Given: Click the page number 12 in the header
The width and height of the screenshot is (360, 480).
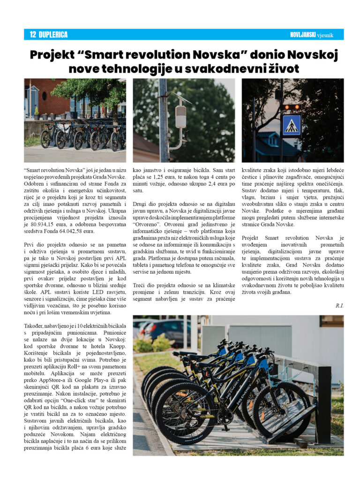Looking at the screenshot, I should click(x=32, y=35).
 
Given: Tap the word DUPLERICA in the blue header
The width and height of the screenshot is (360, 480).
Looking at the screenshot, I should click(x=53, y=35).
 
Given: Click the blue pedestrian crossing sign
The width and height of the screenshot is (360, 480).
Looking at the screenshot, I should click(x=291, y=125).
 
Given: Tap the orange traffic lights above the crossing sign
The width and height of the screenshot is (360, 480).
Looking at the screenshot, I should click(x=292, y=107).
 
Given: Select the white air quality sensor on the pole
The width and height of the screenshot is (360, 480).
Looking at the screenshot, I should click(x=180, y=117).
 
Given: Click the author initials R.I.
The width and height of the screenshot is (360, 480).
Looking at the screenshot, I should click(x=339, y=306).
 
